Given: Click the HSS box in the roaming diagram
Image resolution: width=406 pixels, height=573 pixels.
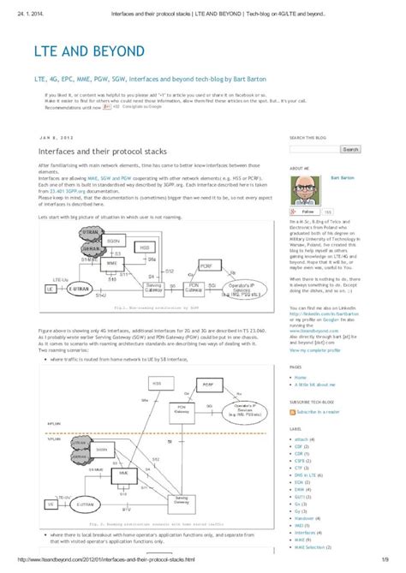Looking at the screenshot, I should click(x=157, y=385).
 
